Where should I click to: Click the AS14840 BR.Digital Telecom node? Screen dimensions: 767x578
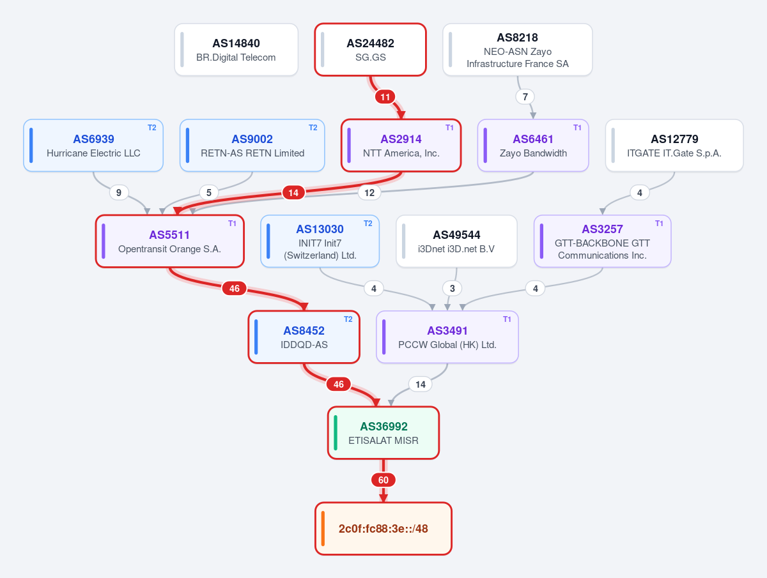click(236, 50)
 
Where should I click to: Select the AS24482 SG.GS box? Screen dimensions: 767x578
click(370, 50)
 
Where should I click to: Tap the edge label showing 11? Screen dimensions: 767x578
click(385, 96)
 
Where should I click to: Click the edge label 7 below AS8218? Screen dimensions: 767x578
click(525, 96)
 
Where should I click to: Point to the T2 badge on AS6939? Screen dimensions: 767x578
click(151, 128)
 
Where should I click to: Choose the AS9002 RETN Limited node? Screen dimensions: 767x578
click(252, 145)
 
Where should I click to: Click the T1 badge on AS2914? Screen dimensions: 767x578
click(449, 128)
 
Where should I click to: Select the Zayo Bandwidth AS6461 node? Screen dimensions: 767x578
click(533, 145)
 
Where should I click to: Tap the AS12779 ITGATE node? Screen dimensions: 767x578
click(674, 145)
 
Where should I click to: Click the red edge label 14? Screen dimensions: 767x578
click(293, 193)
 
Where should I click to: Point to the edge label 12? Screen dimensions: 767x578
click(369, 193)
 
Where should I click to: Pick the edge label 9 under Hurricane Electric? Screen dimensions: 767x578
click(119, 193)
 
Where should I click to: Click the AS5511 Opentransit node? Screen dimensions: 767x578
click(170, 241)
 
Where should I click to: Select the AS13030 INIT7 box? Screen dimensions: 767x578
click(320, 241)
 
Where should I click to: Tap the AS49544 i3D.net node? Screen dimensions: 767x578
click(457, 241)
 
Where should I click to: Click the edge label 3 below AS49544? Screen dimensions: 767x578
click(452, 289)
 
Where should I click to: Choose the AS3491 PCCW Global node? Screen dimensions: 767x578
click(447, 337)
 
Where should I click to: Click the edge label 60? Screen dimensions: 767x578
click(383, 480)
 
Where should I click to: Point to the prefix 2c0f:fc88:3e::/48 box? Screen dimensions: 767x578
click(383, 528)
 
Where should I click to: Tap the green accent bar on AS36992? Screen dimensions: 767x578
click(336, 433)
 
